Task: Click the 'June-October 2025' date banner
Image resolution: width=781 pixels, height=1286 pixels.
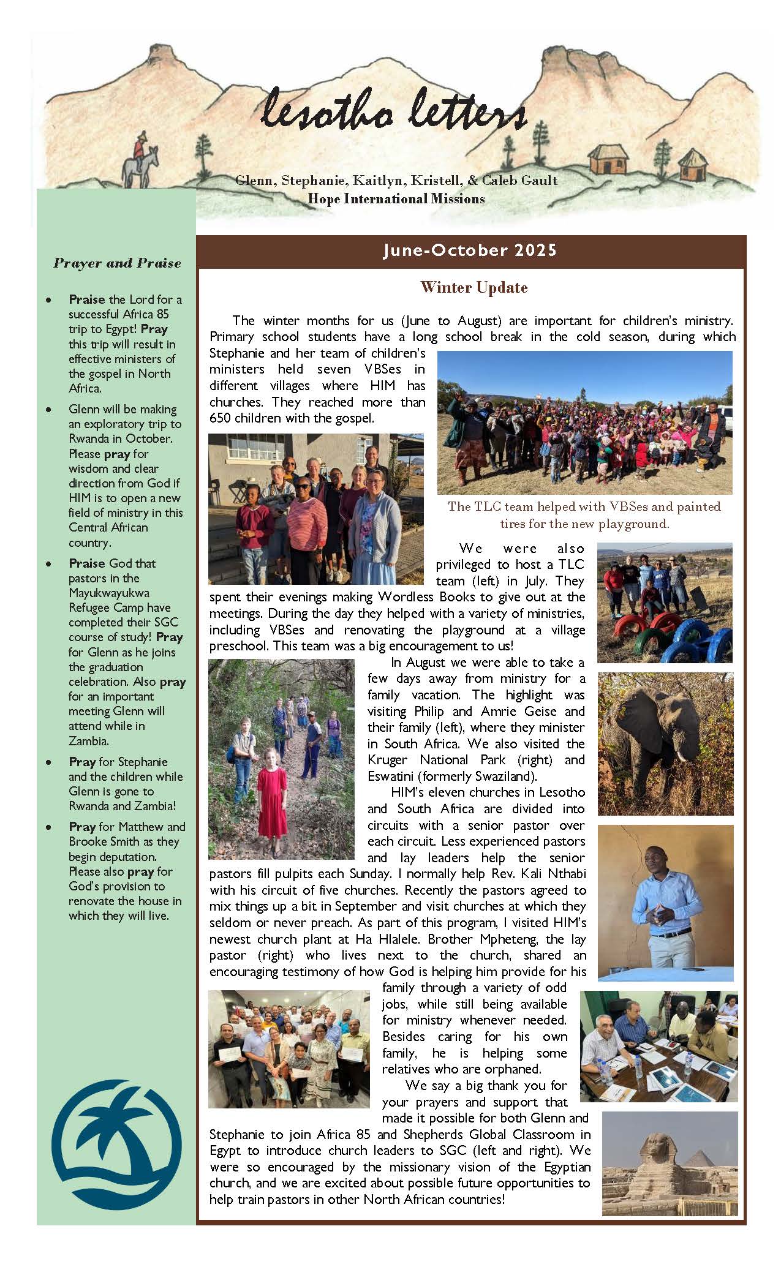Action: tap(470, 250)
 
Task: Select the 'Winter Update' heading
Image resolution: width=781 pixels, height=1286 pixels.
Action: tap(474, 287)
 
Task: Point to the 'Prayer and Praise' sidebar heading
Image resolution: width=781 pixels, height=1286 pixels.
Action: tap(117, 263)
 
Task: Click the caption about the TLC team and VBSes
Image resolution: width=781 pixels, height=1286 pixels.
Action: tap(584, 515)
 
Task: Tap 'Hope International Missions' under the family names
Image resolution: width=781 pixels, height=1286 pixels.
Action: tap(396, 199)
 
